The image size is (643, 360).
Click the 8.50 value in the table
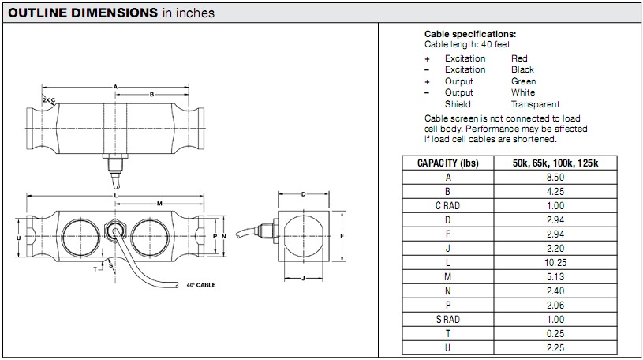(x=556, y=178)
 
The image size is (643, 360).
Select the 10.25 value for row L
(x=556, y=262)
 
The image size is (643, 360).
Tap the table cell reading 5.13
(x=556, y=276)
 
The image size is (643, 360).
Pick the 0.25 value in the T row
(x=556, y=333)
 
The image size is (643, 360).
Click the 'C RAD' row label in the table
(x=448, y=206)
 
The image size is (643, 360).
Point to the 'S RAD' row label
(x=448, y=319)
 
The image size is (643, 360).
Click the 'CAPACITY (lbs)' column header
(x=448, y=163)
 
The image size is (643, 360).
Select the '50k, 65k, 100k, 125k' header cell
(x=556, y=163)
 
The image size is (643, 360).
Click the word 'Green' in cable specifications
(x=523, y=81)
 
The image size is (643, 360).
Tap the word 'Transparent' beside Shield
(x=535, y=103)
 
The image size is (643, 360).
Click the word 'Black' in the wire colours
(x=522, y=69)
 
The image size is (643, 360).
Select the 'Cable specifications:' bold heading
(x=470, y=34)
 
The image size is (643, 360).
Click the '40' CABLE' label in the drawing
(x=201, y=285)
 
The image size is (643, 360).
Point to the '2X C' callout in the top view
(x=49, y=100)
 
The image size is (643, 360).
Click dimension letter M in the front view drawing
(x=159, y=203)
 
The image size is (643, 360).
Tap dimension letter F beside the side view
(x=342, y=236)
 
